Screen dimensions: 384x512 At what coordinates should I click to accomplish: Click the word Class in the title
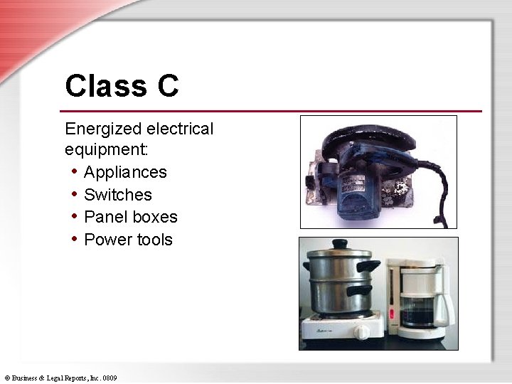(102, 86)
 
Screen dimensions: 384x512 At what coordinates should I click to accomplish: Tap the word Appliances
(125, 172)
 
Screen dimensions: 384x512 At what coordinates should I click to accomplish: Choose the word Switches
(118, 194)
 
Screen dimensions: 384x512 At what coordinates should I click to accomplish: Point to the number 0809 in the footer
(109, 378)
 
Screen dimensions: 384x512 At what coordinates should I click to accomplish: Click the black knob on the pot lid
(340, 244)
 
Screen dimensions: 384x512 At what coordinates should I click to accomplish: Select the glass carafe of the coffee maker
(420, 309)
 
